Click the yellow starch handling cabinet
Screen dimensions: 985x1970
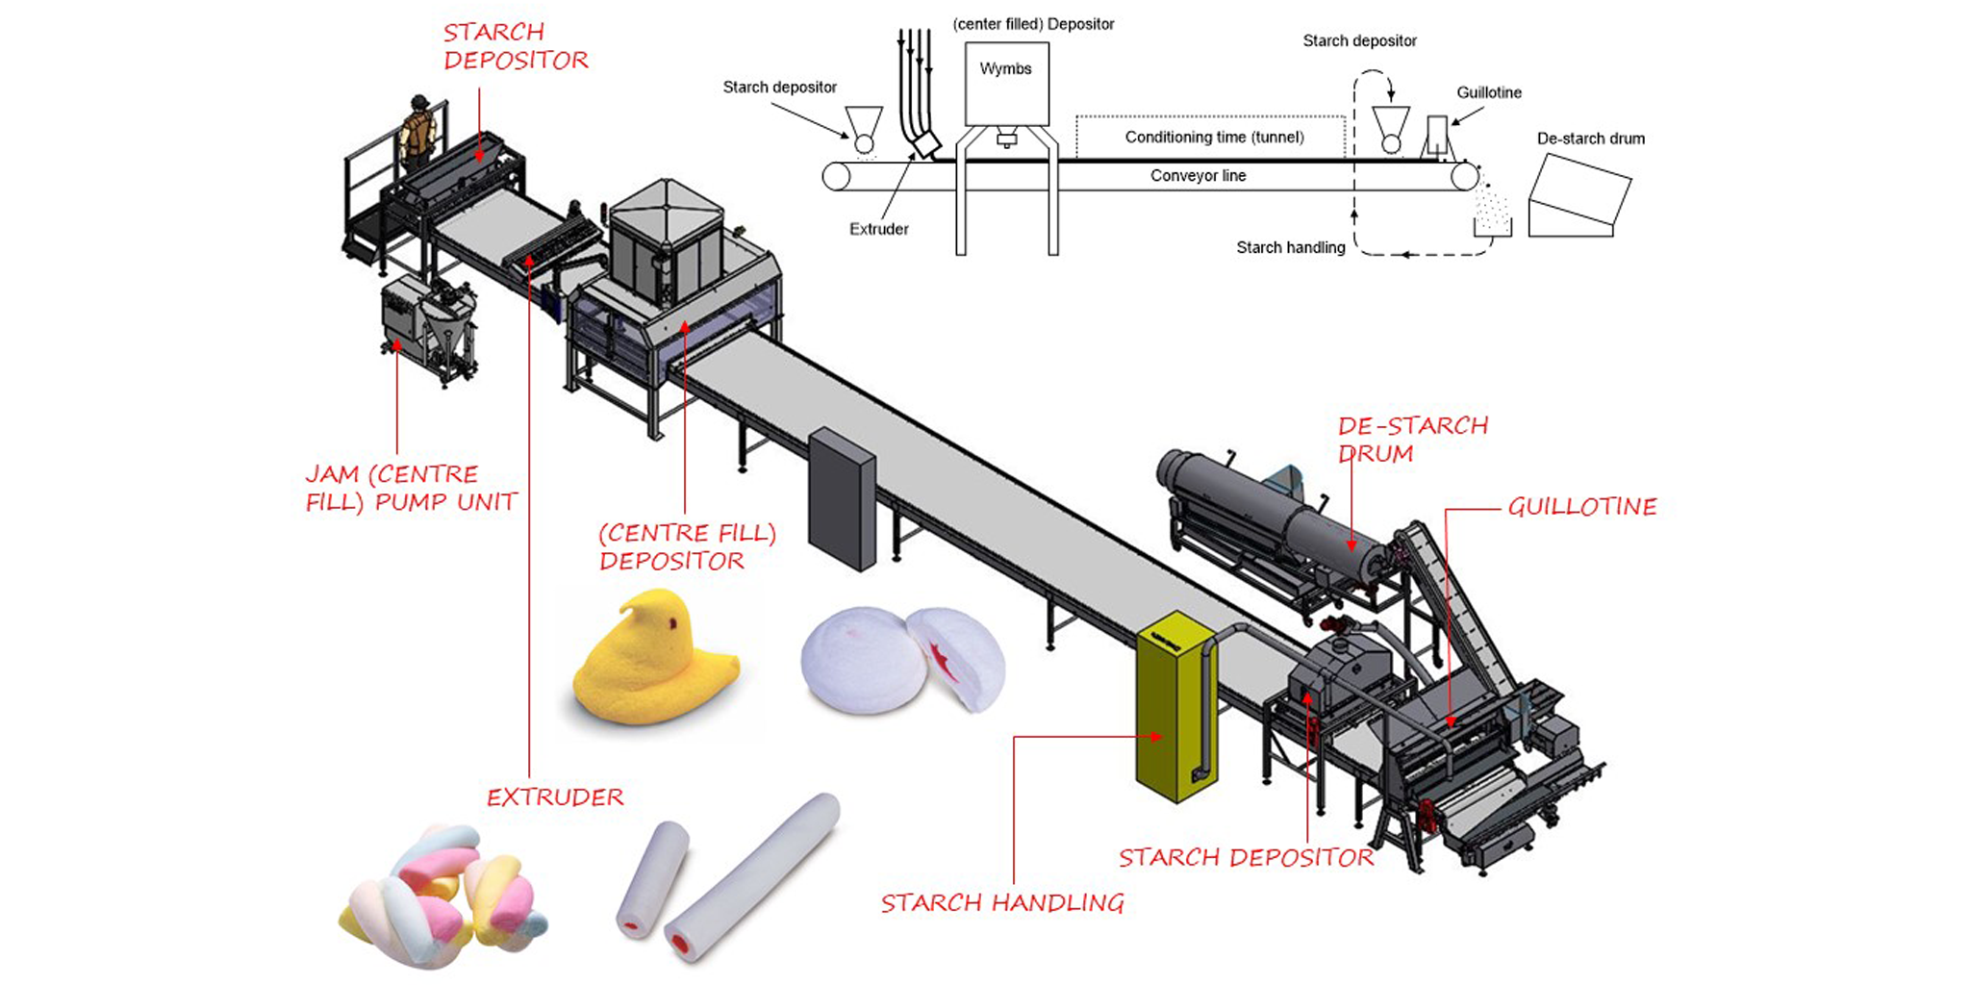point(1174,712)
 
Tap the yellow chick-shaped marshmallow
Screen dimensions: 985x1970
point(654,664)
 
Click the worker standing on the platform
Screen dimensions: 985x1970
point(417,130)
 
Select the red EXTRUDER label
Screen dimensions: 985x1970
point(554,797)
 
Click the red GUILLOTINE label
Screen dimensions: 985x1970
point(1581,507)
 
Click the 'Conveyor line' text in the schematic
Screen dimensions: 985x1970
point(1198,176)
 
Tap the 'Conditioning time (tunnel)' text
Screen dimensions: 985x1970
point(1214,137)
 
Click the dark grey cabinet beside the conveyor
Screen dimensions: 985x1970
point(842,500)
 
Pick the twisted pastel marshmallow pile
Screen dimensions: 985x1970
point(442,895)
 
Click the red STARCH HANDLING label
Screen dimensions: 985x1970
point(1001,902)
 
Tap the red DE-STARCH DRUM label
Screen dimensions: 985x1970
point(1411,439)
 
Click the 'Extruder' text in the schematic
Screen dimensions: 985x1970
point(878,229)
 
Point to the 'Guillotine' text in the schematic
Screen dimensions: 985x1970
point(1488,92)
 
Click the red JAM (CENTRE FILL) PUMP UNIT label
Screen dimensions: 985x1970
point(411,488)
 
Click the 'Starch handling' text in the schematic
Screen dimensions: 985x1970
point(1290,247)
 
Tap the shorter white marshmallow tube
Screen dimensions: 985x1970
point(654,877)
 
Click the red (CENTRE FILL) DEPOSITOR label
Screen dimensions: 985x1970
point(686,546)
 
